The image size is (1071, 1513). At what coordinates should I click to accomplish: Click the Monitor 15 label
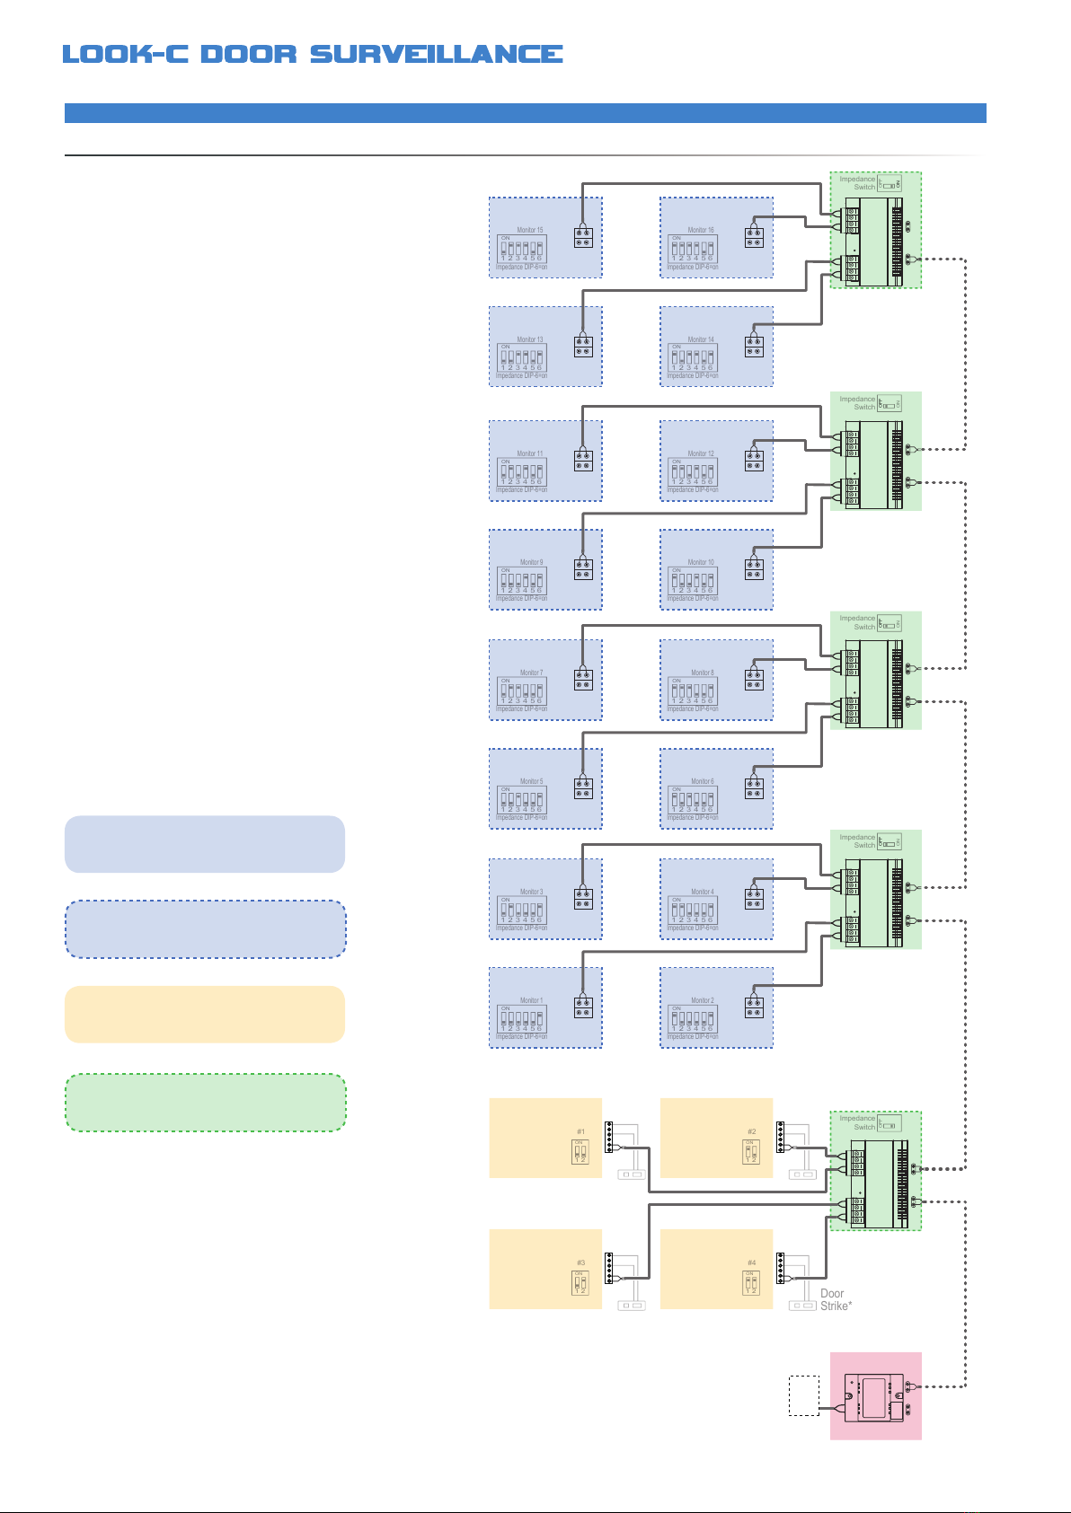click(530, 230)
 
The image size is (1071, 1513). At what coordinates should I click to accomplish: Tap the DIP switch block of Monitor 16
click(693, 249)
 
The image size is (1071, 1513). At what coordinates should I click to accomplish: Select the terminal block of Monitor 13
click(583, 346)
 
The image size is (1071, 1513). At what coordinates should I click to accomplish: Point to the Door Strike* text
click(836, 1300)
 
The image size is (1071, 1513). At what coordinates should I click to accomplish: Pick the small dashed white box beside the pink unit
click(804, 1395)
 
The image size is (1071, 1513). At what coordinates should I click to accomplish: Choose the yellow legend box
click(205, 1015)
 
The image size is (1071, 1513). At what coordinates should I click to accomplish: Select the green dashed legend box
click(205, 1103)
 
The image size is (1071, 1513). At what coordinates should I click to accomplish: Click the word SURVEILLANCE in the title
click(437, 54)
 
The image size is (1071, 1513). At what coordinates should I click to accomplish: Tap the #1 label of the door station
click(580, 1131)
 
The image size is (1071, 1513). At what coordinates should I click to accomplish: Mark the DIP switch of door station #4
click(750, 1283)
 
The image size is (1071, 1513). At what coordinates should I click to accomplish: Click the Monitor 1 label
click(531, 1000)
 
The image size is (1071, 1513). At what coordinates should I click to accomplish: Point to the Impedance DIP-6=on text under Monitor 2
click(693, 1037)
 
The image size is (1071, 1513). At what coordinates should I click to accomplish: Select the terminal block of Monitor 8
click(754, 679)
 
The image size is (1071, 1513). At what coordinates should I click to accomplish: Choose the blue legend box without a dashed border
click(205, 844)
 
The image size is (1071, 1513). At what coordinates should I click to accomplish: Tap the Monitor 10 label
click(701, 562)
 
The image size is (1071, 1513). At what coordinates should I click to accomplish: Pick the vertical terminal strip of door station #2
click(780, 1137)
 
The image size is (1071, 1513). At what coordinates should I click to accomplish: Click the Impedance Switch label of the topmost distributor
click(857, 183)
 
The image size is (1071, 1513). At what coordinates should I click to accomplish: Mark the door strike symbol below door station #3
click(632, 1306)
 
